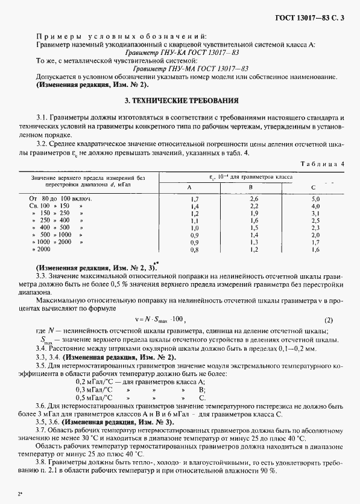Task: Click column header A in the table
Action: pos(194,187)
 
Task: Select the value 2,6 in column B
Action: pos(254,199)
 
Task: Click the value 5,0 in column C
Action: pos(315,199)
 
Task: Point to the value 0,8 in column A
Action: pos(194,249)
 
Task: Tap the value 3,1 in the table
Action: pos(315,213)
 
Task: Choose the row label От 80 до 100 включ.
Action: pos(58,199)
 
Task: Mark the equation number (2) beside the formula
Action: pos(328,320)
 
